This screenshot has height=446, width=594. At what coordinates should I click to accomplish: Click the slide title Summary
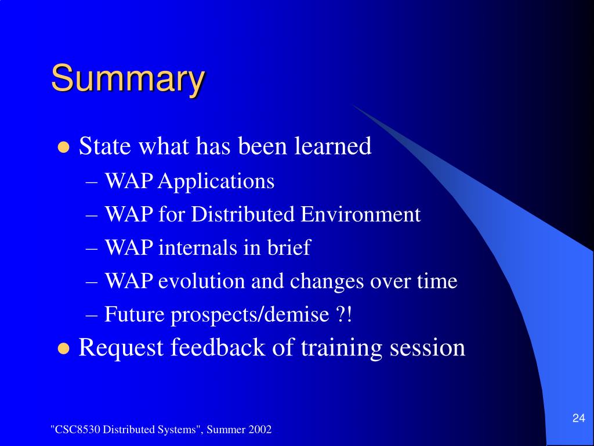pos(128,79)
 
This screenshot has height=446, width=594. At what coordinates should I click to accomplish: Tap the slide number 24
pos(578,418)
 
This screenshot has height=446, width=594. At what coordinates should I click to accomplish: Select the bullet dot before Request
pos(64,348)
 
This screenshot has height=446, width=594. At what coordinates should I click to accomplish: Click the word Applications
pos(216,182)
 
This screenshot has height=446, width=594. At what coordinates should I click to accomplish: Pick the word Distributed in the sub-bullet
pos(242,214)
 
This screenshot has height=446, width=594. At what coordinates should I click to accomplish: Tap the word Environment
pos(360,214)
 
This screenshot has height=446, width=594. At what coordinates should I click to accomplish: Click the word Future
pos(135,314)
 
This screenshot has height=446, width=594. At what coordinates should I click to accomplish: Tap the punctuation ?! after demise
pos(344,314)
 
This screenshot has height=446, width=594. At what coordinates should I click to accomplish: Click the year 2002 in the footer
pos(260,429)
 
